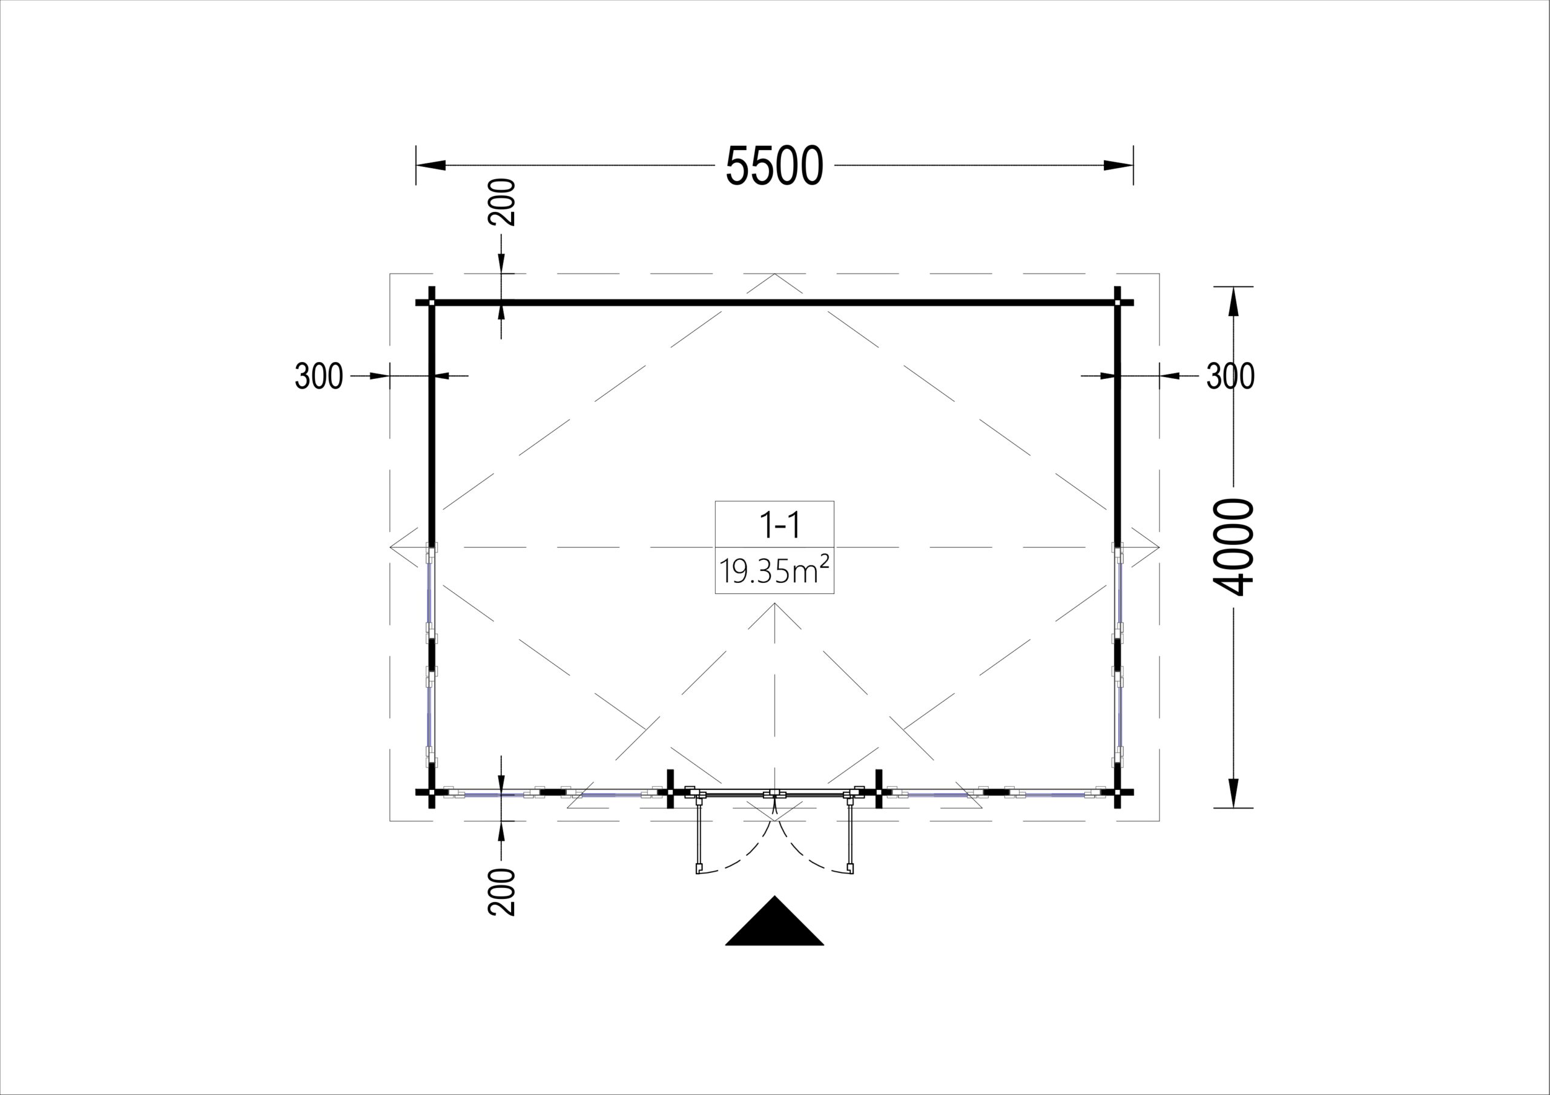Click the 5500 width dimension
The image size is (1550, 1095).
click(774, 166)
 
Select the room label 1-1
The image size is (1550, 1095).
click(780, 525)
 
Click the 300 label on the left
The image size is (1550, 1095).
click(318, 376)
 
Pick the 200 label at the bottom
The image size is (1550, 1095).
click(501, 892)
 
